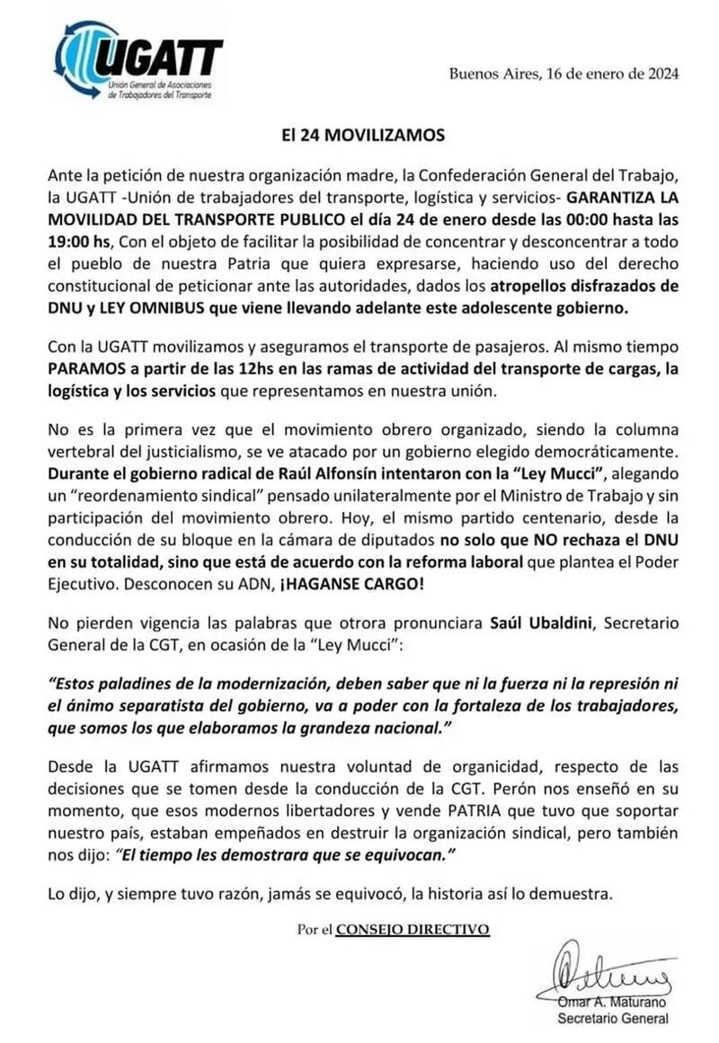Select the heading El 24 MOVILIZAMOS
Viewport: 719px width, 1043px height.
tap(359, 137)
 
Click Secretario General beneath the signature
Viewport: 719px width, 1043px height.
tap(613, 1018)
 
